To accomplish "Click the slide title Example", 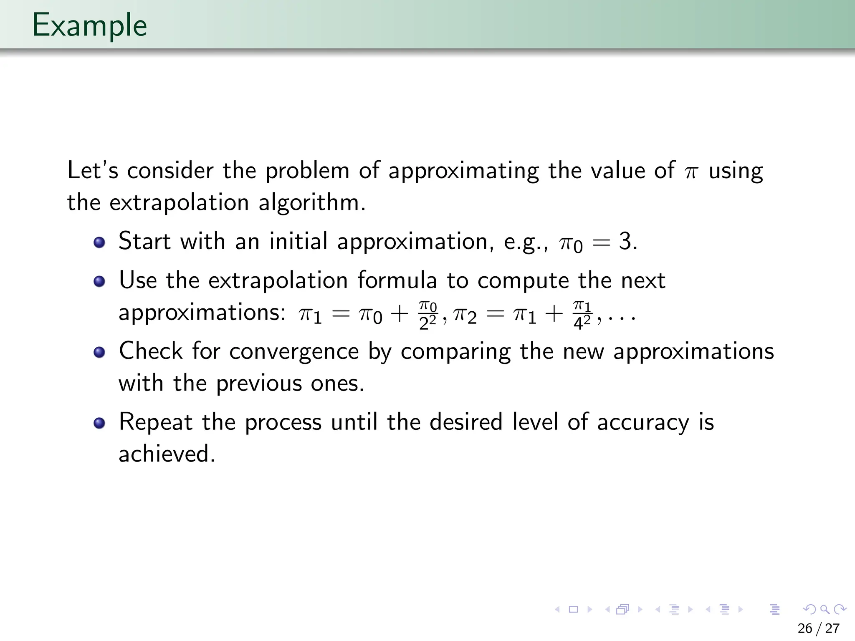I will (x=89, y=26).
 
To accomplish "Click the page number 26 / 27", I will (x=818, y=628).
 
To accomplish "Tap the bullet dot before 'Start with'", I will (x=99, y=242).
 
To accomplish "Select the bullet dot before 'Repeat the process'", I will (x=99, y=423).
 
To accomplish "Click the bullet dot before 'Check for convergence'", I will (x=99, y=352).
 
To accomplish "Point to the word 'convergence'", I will (x=294, y=351).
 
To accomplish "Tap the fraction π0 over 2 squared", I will (x=427, y=315).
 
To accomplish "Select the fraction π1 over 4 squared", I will (x=582, y=315).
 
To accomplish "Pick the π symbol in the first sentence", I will (x=691, y=172).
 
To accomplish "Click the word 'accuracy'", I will (x=643, y=422).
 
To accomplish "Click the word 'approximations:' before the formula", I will (x=202, y=313).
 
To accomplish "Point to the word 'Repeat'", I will (x=156, y=422).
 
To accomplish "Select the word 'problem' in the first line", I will (x=307, y=172).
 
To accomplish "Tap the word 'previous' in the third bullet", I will (x=258, y=383).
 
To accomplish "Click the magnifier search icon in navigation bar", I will (x=825, y=609).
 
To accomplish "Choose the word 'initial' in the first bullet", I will (x=298, y=242).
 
